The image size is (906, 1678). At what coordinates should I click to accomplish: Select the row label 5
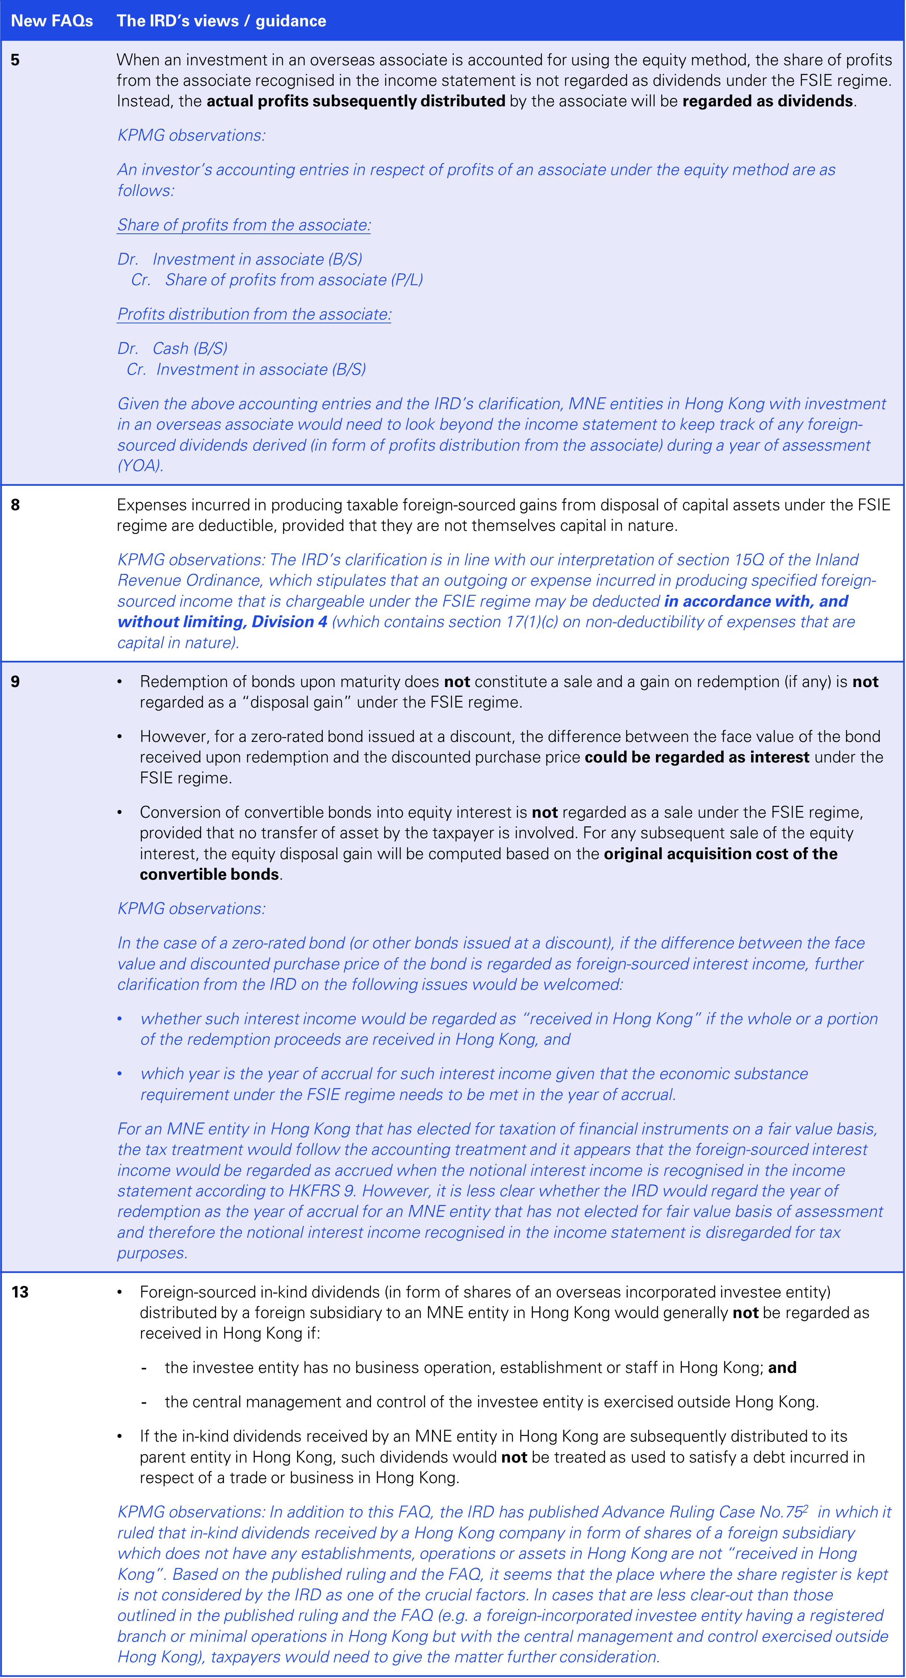click(x=15, y=60)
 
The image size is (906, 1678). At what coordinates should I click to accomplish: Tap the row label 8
click(x=15, y=505)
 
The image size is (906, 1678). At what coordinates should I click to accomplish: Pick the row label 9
click(x=15, y=681)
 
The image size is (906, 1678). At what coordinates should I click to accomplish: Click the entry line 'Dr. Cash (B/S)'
click(x=172, y=348)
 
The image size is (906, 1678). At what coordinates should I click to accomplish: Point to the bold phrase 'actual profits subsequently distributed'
click(x=356, y=101)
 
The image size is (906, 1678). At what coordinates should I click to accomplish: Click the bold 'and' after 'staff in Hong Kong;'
click(x=782, y=1367)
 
